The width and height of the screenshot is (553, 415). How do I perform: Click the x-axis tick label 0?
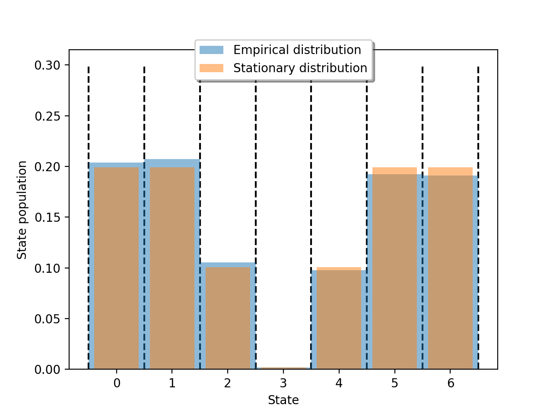(117, 383)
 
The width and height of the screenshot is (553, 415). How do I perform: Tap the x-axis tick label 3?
(283, 383)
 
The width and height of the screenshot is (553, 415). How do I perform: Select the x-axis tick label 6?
(451, 383)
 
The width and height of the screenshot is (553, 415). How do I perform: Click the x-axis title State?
(283, 400)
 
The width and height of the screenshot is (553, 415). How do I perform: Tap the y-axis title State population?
(22, 210)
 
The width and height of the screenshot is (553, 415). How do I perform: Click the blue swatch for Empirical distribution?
(211, 50)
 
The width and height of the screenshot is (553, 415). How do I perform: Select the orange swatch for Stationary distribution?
(211, 68)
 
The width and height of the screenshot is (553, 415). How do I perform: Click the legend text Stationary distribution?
(300, 68)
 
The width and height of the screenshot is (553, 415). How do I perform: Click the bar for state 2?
(228, 318)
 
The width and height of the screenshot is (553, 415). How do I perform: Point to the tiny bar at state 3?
(283, 368)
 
